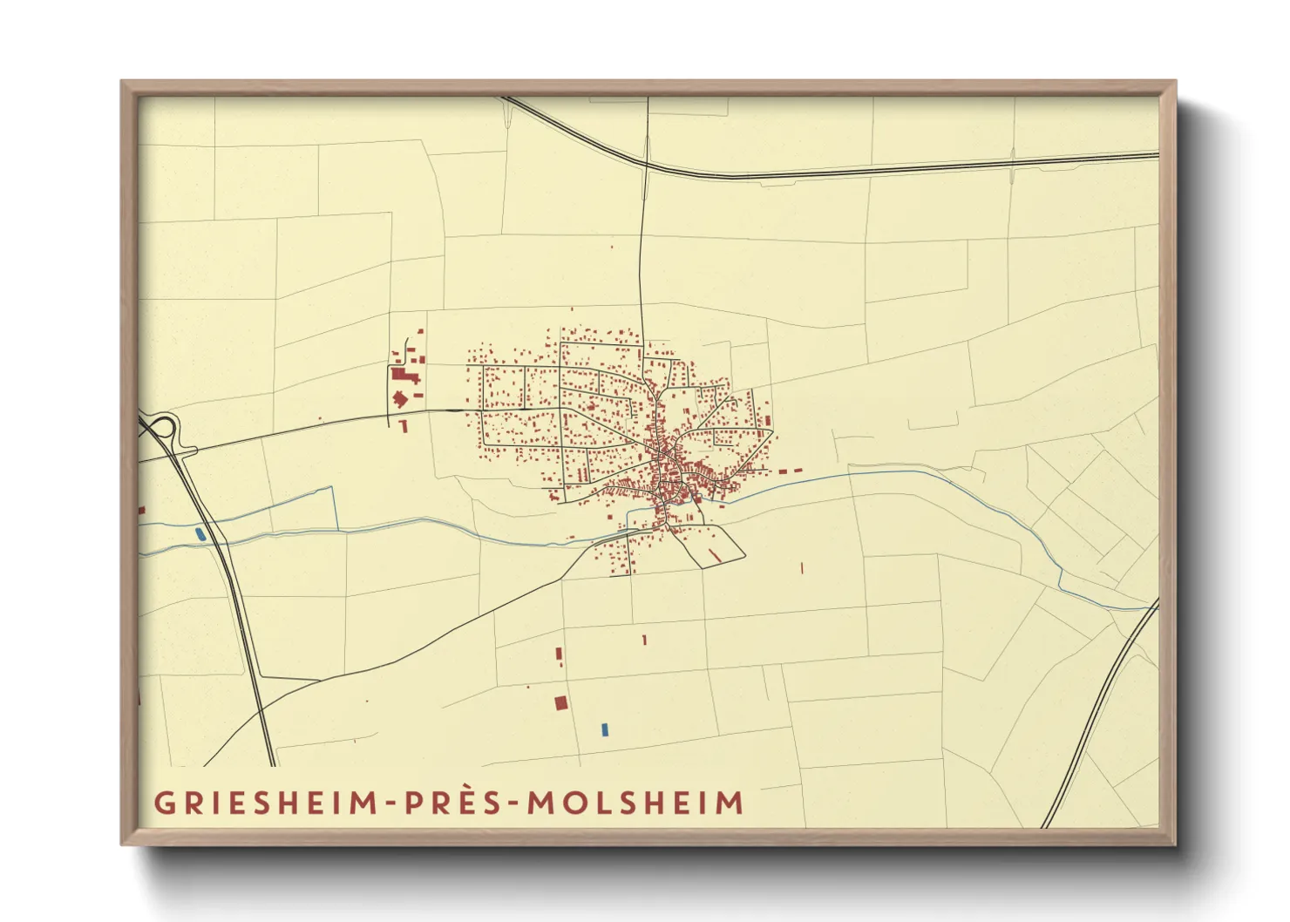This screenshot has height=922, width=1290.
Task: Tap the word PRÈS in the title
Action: point(454,802)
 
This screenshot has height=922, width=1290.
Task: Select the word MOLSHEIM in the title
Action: point(635,802)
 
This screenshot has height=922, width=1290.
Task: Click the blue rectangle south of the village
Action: point(605,729)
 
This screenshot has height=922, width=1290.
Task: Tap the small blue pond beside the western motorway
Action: point(202,534)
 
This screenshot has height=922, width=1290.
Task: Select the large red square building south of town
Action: point(561,702)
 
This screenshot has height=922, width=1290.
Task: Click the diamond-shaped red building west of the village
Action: point(400,399)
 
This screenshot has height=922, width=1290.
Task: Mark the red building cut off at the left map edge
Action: point(141,509)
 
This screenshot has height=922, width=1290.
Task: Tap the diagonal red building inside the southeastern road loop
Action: point(714,554)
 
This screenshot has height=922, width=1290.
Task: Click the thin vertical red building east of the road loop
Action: point(801,567)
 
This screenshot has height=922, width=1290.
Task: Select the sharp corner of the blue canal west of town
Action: point(335,488)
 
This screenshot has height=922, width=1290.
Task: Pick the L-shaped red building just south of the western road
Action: point(403,425)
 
